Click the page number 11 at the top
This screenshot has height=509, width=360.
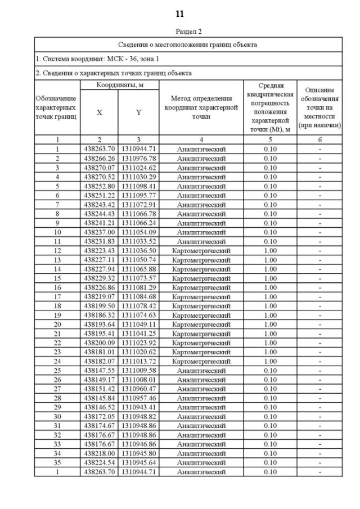pyautogui.click(x=180, y=13)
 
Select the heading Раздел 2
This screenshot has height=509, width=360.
pyautogui.click(x=180, y=32)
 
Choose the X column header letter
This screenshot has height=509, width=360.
pyautogui.click(x=99, y=112)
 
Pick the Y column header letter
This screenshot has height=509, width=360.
pyautogui.click(x=138, y=112)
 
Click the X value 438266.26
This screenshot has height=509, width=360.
pyautogui.click(x=99, y=159)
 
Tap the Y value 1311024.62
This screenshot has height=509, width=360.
pyautogui.click(x=138, y=168)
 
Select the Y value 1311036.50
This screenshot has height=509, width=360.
pyautogui.click(x=138, y=250)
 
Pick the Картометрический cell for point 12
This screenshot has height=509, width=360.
pyautogui.click(x=201, y=250)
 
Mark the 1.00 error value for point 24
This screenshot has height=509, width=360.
pyautogui.click(x=270, y=361)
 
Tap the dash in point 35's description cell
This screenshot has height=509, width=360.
pyautogui.click(x=319, y=462)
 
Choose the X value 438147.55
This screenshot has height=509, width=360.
pyautogui.click(x=99, y=370)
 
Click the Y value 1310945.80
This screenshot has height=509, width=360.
pyautogui.click(x=138, y=453)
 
